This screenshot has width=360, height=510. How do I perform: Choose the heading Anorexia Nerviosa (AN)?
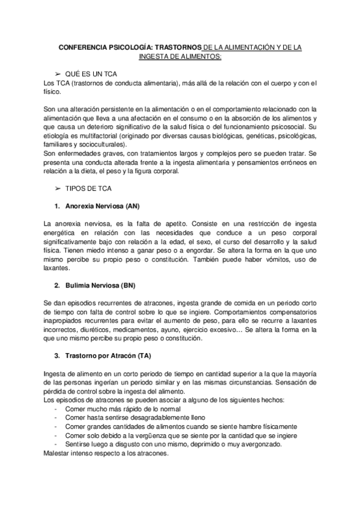105,206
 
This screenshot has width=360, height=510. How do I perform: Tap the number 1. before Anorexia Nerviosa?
57,206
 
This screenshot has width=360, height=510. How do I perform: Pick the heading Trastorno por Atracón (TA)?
112,356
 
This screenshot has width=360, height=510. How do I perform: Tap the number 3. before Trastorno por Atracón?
57,356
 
